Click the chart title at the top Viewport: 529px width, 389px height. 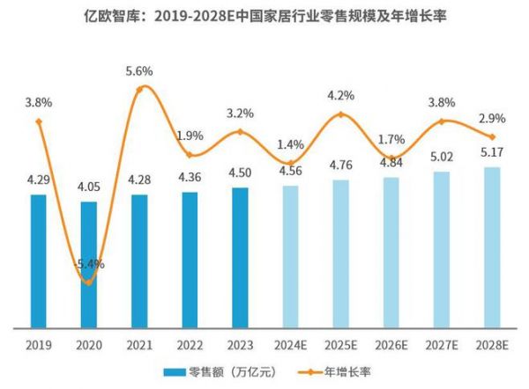[x=264, y=17]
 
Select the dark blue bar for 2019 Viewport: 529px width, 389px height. [x=38, y=261]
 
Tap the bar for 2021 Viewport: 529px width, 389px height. [x=139, y=261]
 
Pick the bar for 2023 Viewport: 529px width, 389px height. [x=241, y=257]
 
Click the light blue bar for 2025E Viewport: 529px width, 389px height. [x=341, y=253]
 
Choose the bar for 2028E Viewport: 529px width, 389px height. [x=493, y=247]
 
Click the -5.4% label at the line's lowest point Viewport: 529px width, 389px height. [x=88, y=263]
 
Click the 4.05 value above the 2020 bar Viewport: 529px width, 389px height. [x=88, y=187]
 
